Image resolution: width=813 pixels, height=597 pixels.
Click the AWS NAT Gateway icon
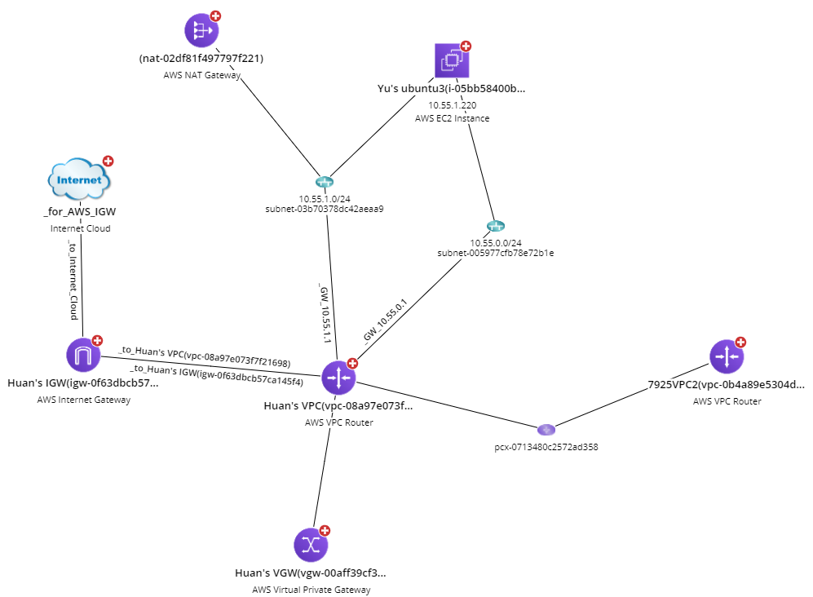click(x=200, y=31)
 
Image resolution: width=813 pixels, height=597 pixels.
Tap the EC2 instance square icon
click(x=452, y=60)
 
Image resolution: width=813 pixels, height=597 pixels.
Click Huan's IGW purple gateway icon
click(x=82, y=356)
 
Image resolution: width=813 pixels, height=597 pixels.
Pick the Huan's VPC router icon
click(x=338, y=378)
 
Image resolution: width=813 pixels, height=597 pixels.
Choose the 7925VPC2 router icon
click(x=726, y=356)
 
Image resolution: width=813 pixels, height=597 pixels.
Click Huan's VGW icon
click(x=311, y=545)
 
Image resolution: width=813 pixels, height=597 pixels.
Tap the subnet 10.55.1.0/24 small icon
click(x=324, y=183)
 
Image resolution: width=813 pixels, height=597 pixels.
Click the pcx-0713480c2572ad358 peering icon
click(x=546, y=430)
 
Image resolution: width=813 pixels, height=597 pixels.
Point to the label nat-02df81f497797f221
click(x=201, y=59)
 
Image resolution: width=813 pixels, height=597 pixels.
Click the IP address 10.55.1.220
click(x=453, y=105)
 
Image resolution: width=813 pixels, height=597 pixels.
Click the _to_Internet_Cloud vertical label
click(x=73, y=281)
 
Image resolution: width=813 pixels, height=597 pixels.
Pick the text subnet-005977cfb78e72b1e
click(x=495, y=253)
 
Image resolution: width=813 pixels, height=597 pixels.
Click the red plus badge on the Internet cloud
click(x=108, y=161)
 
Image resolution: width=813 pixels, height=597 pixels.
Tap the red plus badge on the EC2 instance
click(x=466, y=46)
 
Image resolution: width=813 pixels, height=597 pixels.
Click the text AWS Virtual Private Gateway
click(x=312, y=590)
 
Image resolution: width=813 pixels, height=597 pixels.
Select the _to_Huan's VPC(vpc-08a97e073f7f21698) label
click(x=205, y=356)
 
